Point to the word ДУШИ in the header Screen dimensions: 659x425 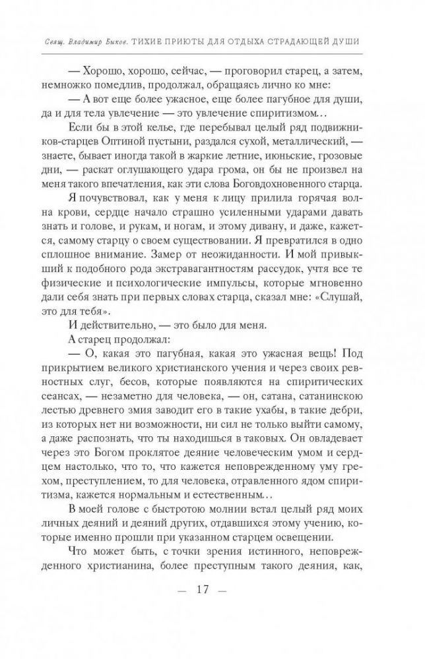[345, 42]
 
